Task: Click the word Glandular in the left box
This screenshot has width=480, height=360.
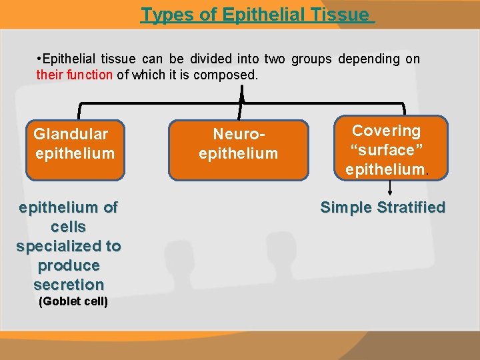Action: click(71, 134)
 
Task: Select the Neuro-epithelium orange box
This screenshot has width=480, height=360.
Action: click(238, 150)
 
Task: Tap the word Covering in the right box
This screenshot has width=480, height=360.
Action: click(387, 131)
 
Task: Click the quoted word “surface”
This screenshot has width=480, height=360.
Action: click(387, 150)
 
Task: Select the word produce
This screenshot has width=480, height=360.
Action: click(69, 265)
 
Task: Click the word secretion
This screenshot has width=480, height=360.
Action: click(69, 285)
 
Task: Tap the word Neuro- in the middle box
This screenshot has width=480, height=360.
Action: click(238, 135)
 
